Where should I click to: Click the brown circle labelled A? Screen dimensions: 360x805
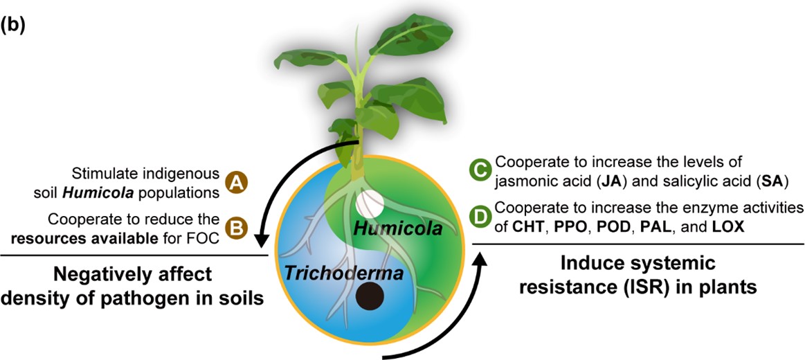pyautogui.click(x=238, y=183)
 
